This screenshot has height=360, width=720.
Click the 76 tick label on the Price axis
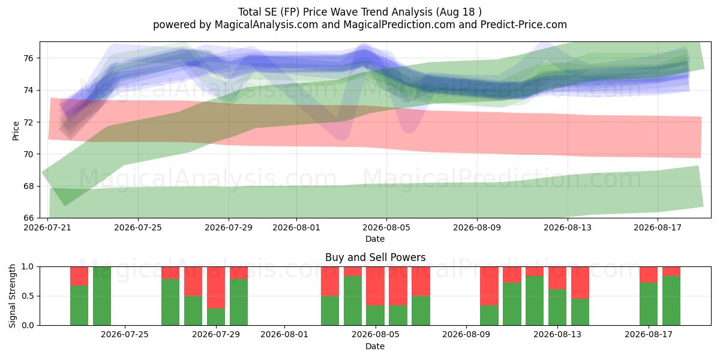pos(28,58)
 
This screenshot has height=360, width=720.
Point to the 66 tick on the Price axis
pos(28,218)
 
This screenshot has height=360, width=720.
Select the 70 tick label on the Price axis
pos(28,154)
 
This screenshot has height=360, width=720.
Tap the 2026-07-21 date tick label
pos(47,227)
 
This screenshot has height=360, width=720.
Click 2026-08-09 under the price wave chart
pos(477,227)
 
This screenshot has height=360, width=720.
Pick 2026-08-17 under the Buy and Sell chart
pos(649,335)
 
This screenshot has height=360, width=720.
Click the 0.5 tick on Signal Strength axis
pos(28,296)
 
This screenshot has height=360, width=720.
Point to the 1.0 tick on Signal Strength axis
pos(28,267)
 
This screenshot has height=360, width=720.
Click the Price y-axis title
pos(16,131)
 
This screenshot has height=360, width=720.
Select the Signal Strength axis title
pos(12,296)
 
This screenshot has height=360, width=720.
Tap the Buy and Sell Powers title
pos(375,257)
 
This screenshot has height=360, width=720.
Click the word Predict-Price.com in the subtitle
pos(524,25)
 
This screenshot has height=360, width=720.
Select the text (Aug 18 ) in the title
pos(458,12)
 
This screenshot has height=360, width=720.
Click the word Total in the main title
pos(250,12)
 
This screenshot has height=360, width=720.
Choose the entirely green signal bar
pos(102,296)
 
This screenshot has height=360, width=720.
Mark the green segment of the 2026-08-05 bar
pos(375,316)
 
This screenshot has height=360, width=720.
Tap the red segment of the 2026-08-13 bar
pos(557,278)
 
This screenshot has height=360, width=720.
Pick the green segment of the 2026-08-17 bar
pos(649,304)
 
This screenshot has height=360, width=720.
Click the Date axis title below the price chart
pos(375,239)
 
